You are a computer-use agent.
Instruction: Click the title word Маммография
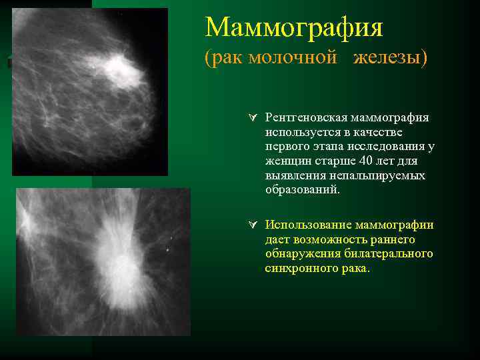(294, 27)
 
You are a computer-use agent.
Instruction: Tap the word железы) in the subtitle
(391, 58)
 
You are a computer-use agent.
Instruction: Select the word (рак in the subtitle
(224, 58)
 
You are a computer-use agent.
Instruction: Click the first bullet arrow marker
(251, 117)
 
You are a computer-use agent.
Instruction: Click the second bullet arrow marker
(251, 225)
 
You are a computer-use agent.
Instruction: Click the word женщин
(286, 161)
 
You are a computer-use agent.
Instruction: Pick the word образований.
(302, 190)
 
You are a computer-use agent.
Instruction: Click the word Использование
(307, 225)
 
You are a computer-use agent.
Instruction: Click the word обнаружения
(303, 254)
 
